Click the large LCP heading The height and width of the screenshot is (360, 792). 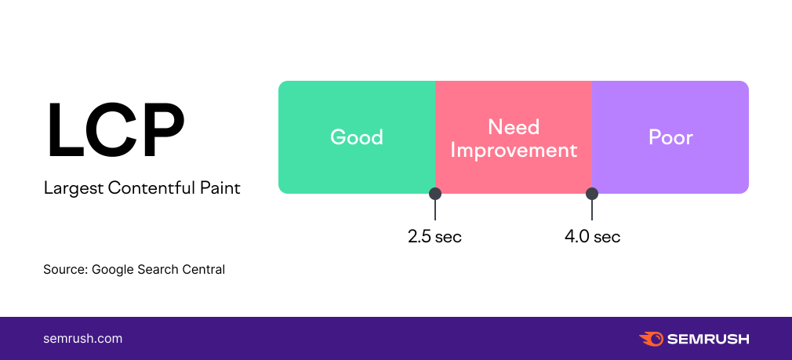click(x=116, y=131)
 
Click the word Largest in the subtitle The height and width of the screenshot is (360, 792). click(x=74, y=189)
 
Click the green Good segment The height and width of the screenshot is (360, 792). click(x=357, y=136)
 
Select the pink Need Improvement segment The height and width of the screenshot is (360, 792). click(x=514, y=136)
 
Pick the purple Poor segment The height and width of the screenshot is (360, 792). click(x=670, y=136)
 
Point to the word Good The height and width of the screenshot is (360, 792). click(x=357, y=137)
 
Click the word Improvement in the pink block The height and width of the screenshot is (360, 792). click(x=514, y=150)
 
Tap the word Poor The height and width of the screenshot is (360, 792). click(x=670, y=137)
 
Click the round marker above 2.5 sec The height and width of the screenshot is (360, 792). click(x=435, y=194)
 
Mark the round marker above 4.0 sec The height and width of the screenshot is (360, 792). click(x=592, y=194)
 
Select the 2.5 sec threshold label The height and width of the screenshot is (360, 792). click(x=435, y=236)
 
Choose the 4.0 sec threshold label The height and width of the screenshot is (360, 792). click(x=593, y=236)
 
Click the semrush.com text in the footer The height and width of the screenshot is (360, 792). click(x=83, y=339)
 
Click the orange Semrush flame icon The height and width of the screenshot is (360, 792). click(x=651, y=339)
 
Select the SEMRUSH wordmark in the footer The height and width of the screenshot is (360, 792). click(x=708, y=340)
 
